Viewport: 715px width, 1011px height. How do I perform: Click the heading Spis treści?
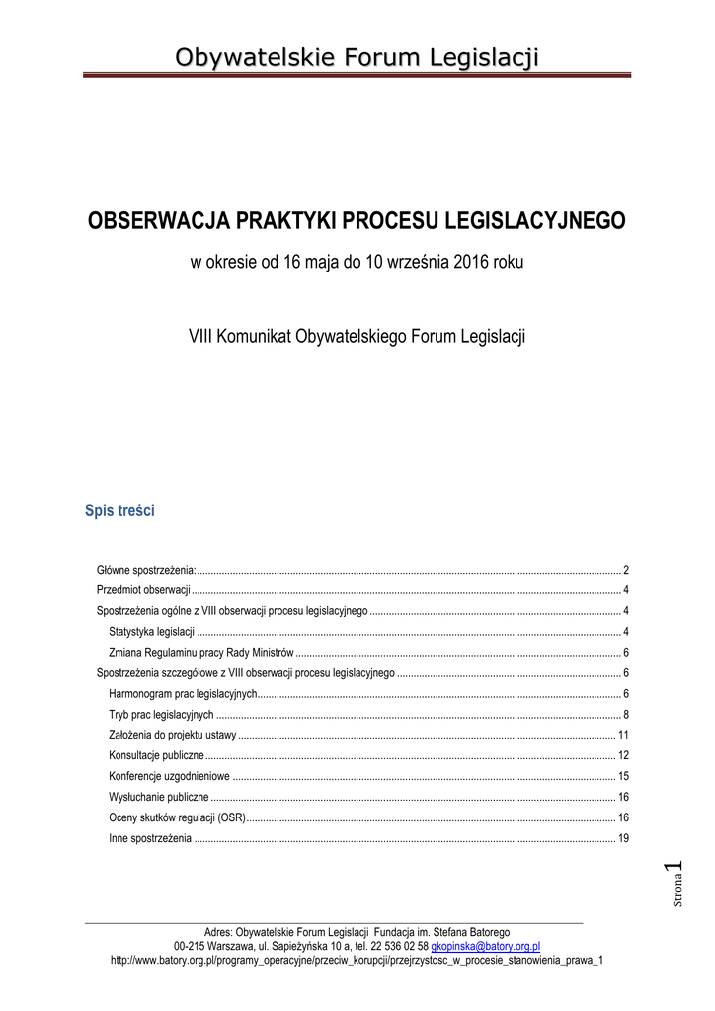pyautogui.click(x=119, y=511)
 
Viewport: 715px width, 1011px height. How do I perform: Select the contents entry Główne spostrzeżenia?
pyautogui.click(x=146, y=571)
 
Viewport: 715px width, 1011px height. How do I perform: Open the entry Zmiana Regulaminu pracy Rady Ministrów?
pyautogui.click(x=201, y=652)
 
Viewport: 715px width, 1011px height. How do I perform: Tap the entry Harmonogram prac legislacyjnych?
pyautogui.click(x=183, y=693)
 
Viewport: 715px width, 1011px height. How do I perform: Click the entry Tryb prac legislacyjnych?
pyautogui.click(x=161, y=714)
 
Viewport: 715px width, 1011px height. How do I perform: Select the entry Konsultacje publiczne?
pyautogui.click(x=156, y=755)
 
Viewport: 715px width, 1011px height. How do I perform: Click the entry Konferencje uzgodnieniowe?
pyautogui.click(x=169, y=776)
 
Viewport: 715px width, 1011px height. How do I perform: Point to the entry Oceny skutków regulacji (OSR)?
pyautogui.click(x=177, y=817)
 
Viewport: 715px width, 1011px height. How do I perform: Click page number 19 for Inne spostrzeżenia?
pyautogui.click(x=623, y=838)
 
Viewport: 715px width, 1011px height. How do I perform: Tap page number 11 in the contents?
pyautogui.click(x=623, y=735)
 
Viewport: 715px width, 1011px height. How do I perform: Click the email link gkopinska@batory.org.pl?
pyautogui.click(x=486, y=945)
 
